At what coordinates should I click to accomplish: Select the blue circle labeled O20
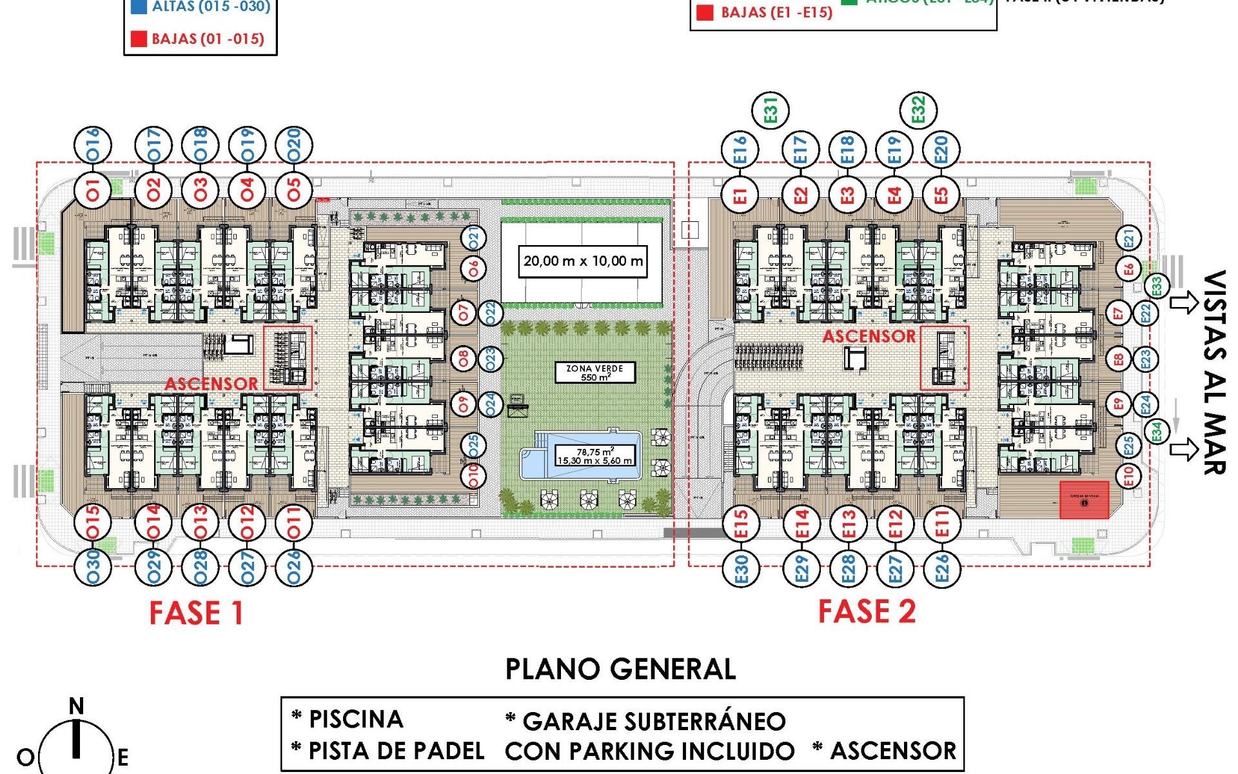294,144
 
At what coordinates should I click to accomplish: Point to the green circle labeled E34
1157,431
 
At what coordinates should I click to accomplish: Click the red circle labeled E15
741,524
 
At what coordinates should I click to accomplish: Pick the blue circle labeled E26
941,568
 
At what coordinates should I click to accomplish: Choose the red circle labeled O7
464,313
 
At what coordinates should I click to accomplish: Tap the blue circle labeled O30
93,567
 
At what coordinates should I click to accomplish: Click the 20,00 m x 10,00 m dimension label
583,261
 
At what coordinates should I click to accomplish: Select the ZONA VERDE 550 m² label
594,373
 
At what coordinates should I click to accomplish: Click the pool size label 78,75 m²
594,456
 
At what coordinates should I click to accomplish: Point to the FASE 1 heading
196,613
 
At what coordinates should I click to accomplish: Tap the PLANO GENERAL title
620,670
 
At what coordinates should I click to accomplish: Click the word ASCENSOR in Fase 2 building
869,337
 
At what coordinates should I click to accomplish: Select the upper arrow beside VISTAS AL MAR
1183,303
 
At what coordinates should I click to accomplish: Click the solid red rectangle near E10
1085,500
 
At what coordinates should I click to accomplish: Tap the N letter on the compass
77,707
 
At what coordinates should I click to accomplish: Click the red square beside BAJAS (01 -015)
139,39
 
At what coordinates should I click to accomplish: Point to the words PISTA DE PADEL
397,751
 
